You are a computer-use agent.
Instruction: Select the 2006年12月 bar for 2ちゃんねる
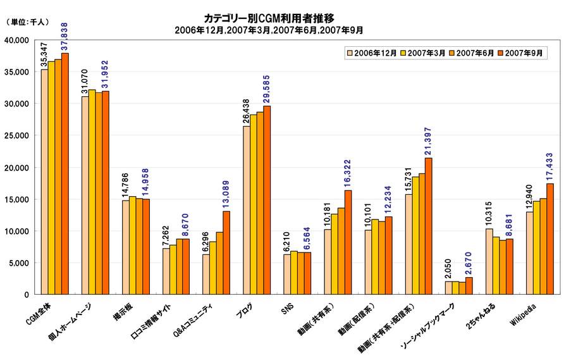click(489, 262)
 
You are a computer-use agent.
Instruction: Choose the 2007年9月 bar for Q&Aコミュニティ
click(226, 253)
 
